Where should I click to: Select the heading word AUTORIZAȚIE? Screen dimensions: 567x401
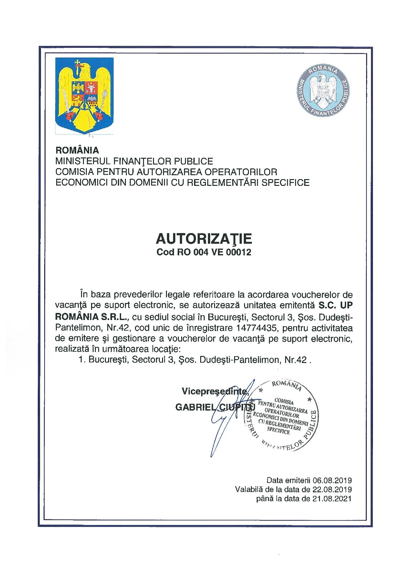click(x=204, y=239)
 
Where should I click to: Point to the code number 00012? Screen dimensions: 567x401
click(x=240, y=252)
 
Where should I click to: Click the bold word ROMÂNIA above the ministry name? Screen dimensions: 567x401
click(x=77, y=150)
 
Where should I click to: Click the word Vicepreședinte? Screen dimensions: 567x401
click(x=215, y=391)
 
